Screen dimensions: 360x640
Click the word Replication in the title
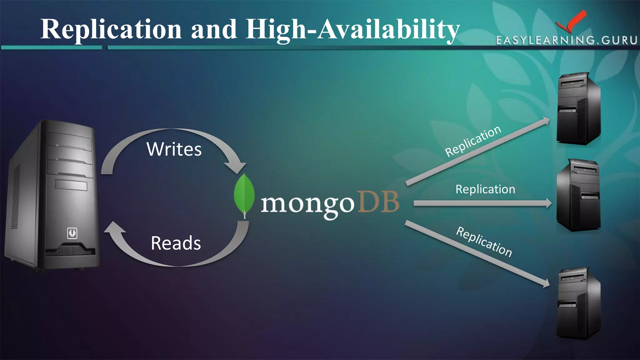[111, 29]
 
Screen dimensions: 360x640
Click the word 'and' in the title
[214, 29]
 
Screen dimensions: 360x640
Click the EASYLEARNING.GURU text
[566, 40]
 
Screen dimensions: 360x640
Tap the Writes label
[174, 149]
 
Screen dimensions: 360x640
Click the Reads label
[176, 243]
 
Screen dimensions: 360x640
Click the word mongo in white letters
[307, 204]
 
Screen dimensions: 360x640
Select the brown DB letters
[378, 202]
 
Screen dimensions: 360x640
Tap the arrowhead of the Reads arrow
[114, 227]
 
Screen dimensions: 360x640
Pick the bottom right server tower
[578, 303]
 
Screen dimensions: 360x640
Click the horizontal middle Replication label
[485, 189]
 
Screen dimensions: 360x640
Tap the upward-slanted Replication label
[473, 141]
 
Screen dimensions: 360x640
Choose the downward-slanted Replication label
[484, 242]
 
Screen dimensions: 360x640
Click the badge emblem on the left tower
[72, 233]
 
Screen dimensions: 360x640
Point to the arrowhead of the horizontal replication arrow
[548, 203]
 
